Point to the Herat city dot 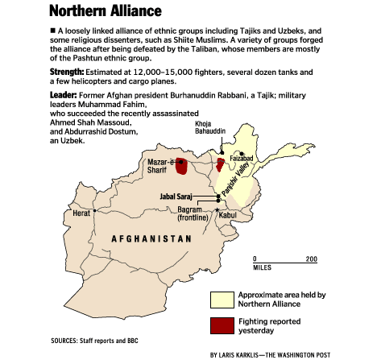coord(95,211)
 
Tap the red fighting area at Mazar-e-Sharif coord(182,167)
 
